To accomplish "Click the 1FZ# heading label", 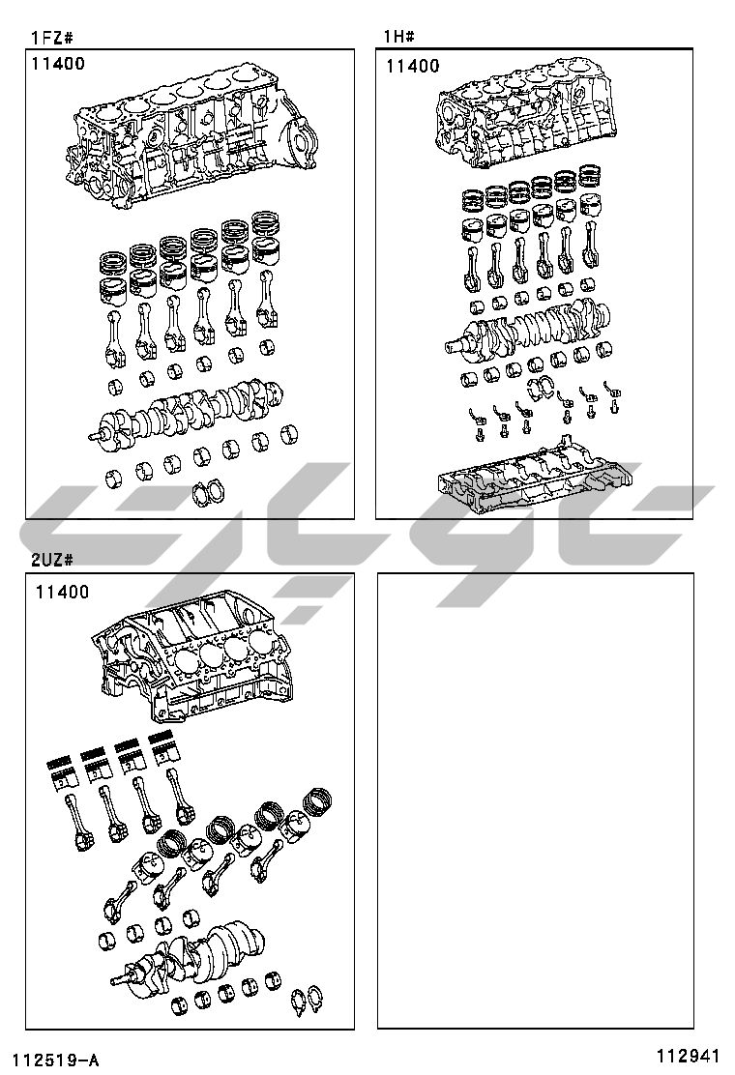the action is coord(52,37).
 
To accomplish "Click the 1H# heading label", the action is coord(399,36).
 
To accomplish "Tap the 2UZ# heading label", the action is coord(52,560).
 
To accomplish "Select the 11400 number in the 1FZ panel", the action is coord(58,64).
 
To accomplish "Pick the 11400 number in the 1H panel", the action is coord(413,66).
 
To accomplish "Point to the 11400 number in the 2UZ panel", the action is coord(63,592).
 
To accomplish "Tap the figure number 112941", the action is coord(688,1056).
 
